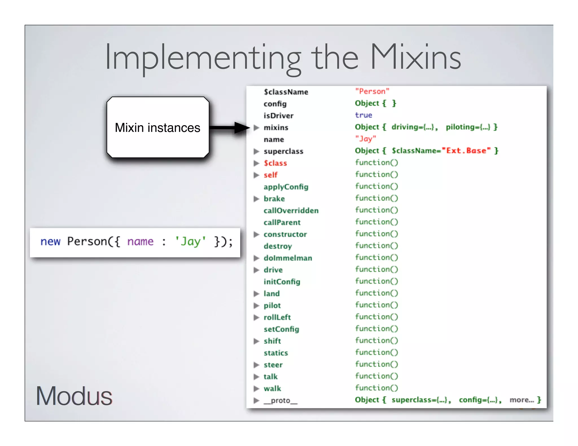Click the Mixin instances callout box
tap(157, 127)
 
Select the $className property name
tap(286, 92)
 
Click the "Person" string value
tap(372, 91)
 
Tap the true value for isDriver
tap(364, 115)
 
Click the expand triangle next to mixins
tap(256, 128)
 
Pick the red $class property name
tap(275, 163)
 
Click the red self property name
tap(270, 175)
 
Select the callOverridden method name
tap(291, 211)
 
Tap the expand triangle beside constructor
tap(256, 234)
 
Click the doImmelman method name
tap(288, 258)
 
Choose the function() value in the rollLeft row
tap(376, 317)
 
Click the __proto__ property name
tap(280, 400)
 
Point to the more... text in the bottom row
tap(522, 400)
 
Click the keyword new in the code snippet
tap(50, 242)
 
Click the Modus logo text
tap(74, 396)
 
